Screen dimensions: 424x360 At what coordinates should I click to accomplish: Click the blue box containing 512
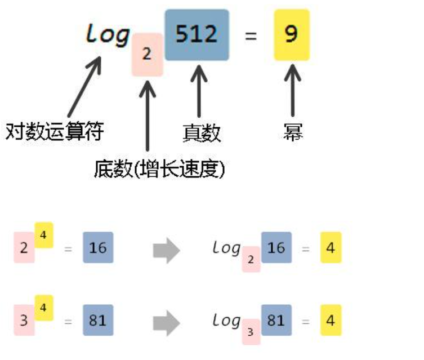[197, 35]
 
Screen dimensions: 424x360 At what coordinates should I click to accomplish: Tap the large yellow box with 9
[291, 35]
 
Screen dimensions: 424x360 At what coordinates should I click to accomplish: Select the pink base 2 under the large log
[147, 55]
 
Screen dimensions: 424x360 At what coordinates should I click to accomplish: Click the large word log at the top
[107, 35]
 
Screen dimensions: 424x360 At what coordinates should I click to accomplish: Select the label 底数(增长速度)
[160, 168]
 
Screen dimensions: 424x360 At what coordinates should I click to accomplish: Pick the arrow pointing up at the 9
[292, 90]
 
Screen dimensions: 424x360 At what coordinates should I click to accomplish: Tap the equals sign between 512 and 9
[251, 36]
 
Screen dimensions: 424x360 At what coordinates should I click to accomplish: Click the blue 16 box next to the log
[276, 247]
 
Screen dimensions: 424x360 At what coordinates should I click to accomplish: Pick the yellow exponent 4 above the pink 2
[44, 234]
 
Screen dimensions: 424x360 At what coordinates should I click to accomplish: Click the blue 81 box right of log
[276, 320]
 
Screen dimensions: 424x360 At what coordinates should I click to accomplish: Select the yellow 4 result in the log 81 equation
[331, 321]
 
